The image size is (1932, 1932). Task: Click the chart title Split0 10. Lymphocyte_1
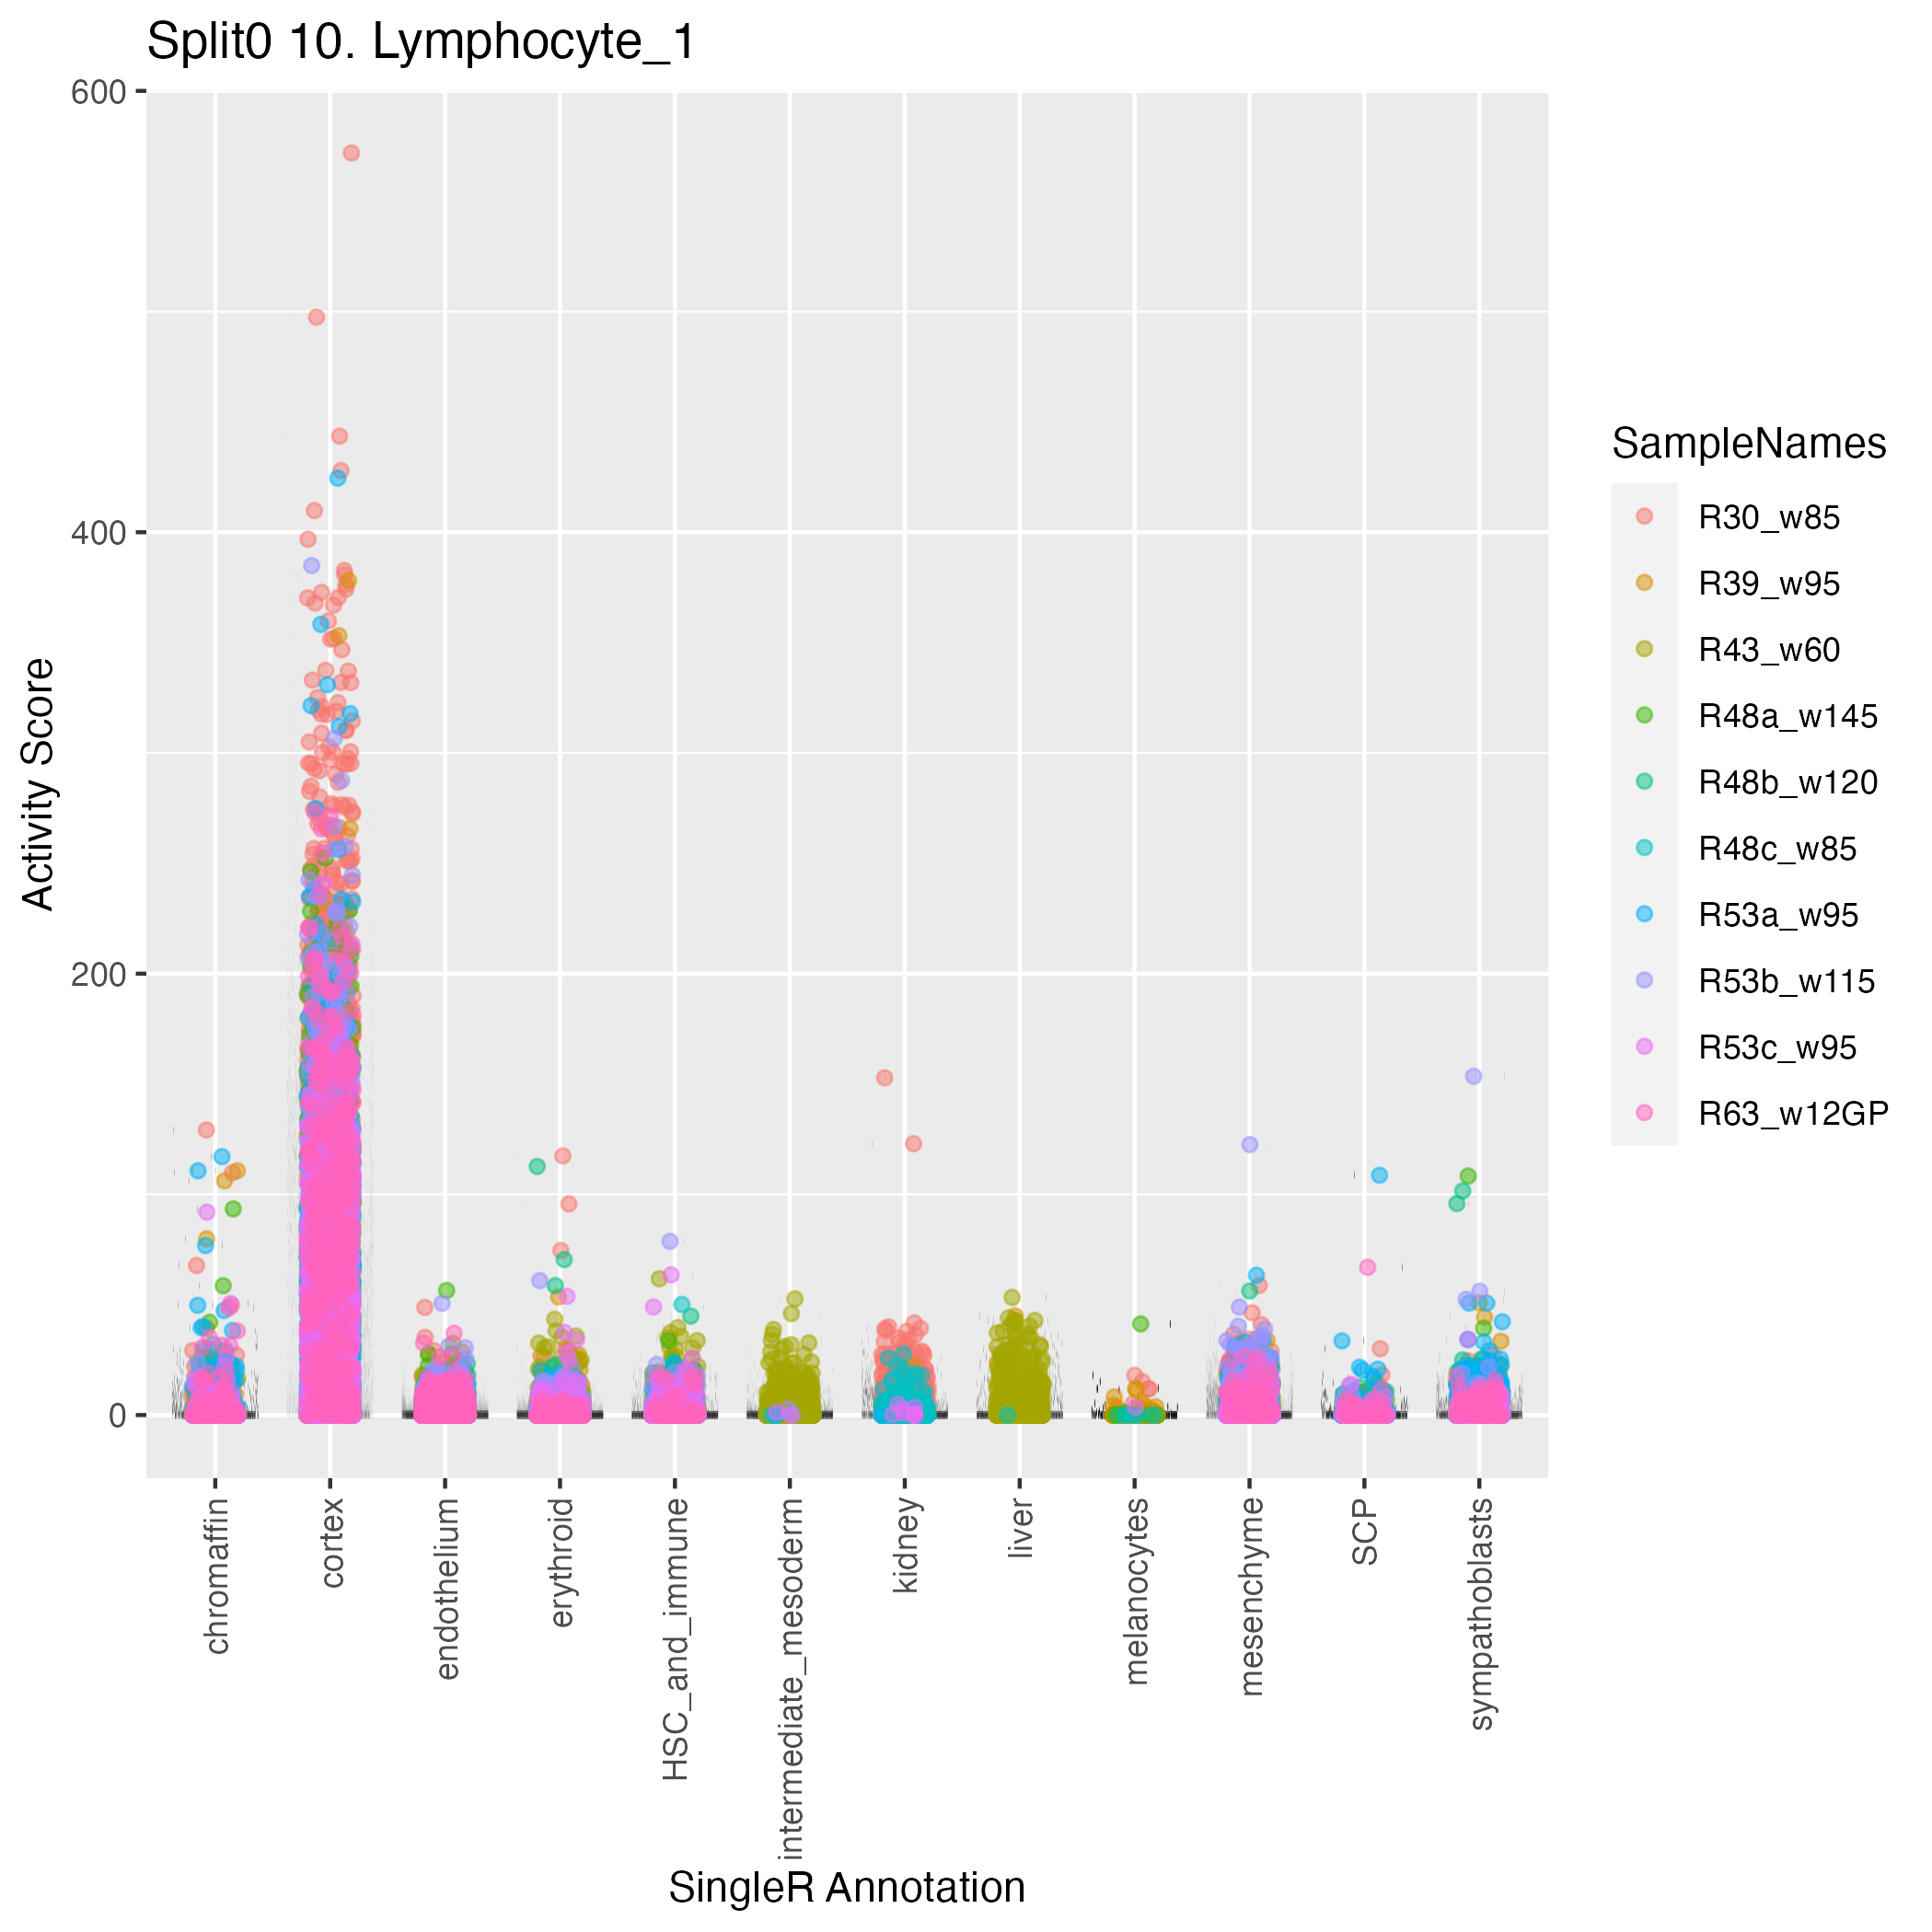click(421, 43)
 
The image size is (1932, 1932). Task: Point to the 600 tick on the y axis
click(98, 92)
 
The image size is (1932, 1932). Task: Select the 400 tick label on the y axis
click(98, 533)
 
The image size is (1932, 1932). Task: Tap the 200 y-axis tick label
click(98, 974)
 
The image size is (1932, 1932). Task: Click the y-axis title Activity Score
click(39, 784)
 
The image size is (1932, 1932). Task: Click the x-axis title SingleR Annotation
click(846, 1887)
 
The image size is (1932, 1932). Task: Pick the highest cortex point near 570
click(351, 153)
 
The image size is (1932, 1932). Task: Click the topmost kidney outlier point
click(884, 1078)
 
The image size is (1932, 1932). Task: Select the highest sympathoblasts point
click(1473, 1076)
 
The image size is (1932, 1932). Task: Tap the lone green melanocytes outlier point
click(1140, 1323)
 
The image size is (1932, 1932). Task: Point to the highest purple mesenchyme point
click(1249, 1144)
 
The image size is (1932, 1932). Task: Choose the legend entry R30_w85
click(1768, 518)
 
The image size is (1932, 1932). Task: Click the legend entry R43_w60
click(1768, 650)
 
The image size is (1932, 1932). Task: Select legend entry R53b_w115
click(1786, 981)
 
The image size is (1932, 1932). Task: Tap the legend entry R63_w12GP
click(1793, 1113)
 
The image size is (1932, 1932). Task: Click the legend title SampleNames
click(1748, 444)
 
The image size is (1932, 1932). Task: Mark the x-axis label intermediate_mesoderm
click(790, 1676)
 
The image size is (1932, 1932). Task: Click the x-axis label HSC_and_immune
click(676, 1638)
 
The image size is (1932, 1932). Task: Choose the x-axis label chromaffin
click(217, 1575)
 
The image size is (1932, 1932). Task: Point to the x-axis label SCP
click(1364, 1531)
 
